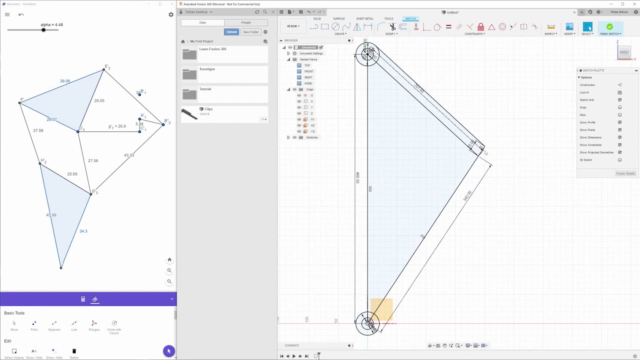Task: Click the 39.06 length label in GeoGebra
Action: pos(65,81)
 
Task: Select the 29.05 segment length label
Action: pos(99,100)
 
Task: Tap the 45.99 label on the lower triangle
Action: pos(51,215)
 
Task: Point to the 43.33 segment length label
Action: pos(129,155)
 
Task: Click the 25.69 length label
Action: pos(72,174)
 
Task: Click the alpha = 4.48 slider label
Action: pos(51,24)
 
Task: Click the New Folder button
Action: pos(250,32)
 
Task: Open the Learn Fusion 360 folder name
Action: pos(212,49)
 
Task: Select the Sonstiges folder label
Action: pos(207,69)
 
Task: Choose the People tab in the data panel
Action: pos(245,22)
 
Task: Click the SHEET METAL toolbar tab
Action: pos(364,18)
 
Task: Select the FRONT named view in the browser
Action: pos(308,71)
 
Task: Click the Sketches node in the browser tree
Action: pos(311,137)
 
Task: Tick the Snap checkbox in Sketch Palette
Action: pos(619,107)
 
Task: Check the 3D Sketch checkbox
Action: pos(619,160)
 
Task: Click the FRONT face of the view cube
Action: pos(624,52)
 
